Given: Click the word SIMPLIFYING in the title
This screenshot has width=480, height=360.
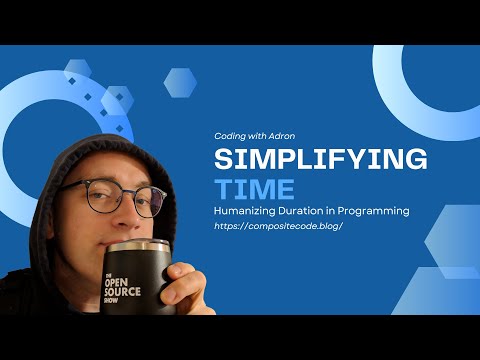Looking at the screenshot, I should (321, 160).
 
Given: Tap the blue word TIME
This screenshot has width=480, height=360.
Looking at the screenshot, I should (254, 189).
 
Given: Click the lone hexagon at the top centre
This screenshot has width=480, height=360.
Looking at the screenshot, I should (180, 82).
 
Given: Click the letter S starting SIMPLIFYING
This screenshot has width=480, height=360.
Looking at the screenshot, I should (224, 160).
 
